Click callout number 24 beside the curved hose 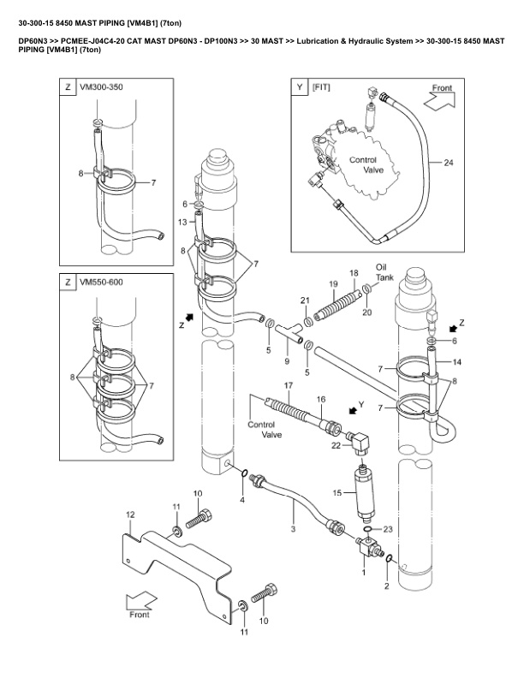point(449,163)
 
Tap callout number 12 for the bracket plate point(130,514)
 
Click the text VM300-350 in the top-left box point(101,87)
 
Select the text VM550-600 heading point(101,282)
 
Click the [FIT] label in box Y point(321,87)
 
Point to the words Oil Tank point(384,272)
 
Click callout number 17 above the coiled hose point(289,385)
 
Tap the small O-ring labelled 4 point(244,473)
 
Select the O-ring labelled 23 point(367,529)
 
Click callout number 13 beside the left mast point(182,222)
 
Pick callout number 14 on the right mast point(456,362)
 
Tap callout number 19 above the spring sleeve point(333,284)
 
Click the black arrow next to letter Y point(354,408)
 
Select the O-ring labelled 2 point(389,559)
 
